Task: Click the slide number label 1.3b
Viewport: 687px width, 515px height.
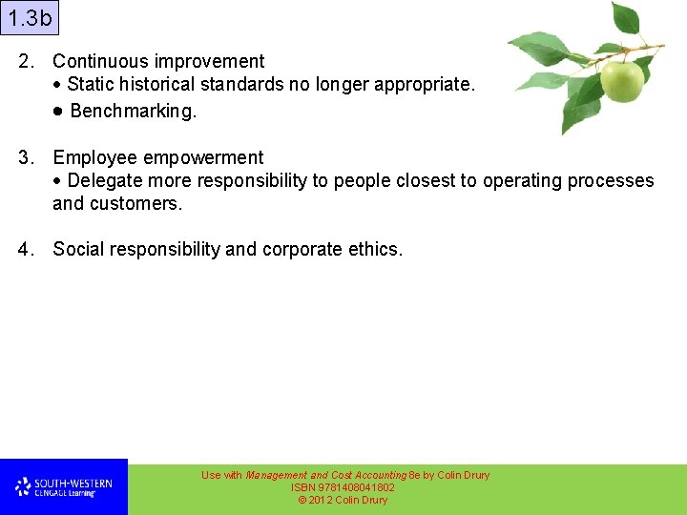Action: pos(30,18)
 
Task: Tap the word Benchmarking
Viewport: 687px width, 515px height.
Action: pos(133,111)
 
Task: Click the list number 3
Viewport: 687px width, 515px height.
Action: pos(26,157)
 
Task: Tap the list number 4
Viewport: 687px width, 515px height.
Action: pos(26,249)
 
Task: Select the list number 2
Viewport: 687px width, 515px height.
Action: pos(26,61)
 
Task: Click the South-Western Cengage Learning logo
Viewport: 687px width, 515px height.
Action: pos(63,487)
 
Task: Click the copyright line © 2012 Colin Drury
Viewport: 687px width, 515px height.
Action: pos(343,500)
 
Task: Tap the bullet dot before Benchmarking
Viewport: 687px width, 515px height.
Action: pos(58,111)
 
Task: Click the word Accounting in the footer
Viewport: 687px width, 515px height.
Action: pos(381,475)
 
